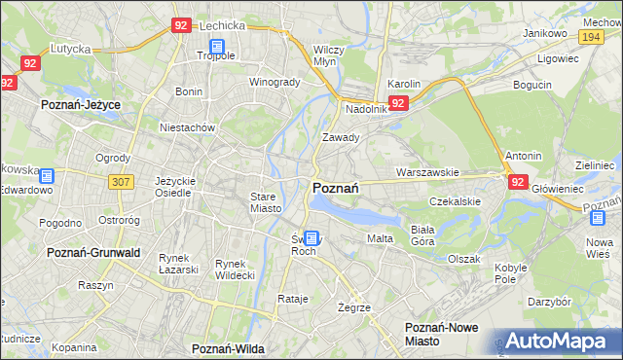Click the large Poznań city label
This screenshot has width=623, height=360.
[x=337, y=188]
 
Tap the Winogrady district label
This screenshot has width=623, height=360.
[x=275, y=82]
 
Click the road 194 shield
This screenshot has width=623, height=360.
[x=589, y=36]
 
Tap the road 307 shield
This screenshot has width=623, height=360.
[x=121, y=182]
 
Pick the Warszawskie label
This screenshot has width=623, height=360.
[x=427, y=172]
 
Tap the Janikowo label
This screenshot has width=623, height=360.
[x=545, y=33]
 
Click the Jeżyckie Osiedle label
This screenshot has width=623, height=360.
[x=176, y=187]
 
